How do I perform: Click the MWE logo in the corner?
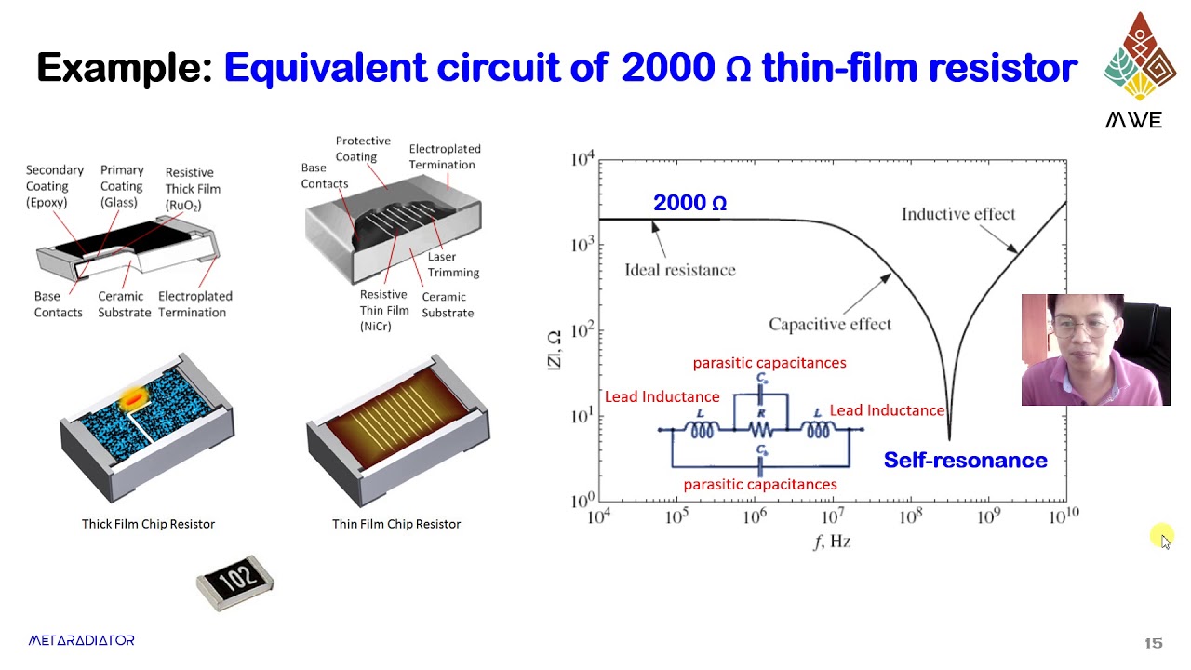[1133, 70]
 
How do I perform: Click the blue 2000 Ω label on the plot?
[689, 203]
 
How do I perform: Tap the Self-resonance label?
[965, 460]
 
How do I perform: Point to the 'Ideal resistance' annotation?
[679, 270]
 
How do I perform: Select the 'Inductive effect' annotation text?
[957, 214]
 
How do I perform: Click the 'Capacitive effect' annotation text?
[829, 324]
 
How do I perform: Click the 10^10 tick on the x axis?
[1062, 516]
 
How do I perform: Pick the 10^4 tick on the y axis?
[582, 160]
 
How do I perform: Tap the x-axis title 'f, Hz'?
[832, 541]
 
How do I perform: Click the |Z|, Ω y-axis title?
[554, 350]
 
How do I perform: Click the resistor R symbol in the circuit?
[761, 429]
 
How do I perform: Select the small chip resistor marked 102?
[234, 583]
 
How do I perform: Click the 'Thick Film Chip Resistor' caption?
[148, 524]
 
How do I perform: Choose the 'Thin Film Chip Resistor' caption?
[396, 524]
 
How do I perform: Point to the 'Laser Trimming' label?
[453, 264]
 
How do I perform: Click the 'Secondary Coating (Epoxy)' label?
[54, 186]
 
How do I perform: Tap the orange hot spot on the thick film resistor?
[134, 399]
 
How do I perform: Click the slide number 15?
[1153, 643]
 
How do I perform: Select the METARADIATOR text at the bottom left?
[81, 640]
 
